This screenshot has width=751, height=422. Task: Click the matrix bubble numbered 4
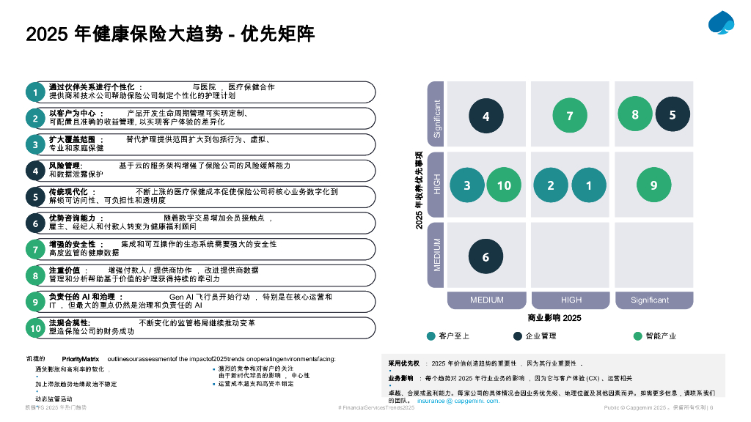tap(486, 116)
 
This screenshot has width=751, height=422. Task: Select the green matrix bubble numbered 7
tap(570, 116)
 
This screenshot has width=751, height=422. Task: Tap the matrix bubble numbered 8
tap(635, 114)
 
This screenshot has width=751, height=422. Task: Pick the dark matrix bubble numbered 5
tap(672, 115)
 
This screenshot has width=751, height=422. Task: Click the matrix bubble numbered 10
tap(504, 185)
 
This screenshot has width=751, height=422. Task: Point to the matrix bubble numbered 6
tap(486, 257)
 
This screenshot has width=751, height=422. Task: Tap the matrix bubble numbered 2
tap(551, 185)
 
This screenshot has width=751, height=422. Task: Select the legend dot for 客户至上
tap(431, 336)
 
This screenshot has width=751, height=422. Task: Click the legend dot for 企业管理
tap(518, 336)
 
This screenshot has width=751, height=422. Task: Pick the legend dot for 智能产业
tap(638, 336)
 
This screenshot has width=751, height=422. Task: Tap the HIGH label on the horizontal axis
tap(571, 300)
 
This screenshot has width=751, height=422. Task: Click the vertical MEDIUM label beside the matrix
tap(437, 254)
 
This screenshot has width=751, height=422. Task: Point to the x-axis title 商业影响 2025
tap(554, 318)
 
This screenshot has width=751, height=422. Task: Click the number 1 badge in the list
tap(35, 92)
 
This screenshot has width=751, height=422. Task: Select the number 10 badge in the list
tap(35, 329)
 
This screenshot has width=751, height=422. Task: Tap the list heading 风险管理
tap(65, 166)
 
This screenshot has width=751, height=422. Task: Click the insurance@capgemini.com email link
tap(458, 401)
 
